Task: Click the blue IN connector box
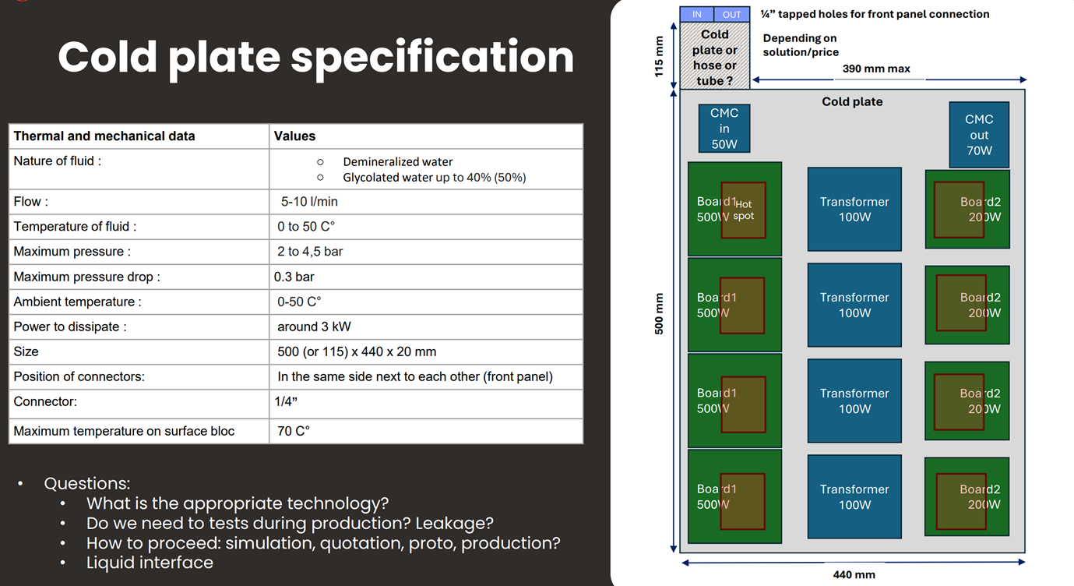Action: point(697,14)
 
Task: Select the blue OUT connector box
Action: point(732,14)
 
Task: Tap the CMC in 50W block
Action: point(724,129)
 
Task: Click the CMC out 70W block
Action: point(979,135)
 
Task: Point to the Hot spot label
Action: point(744,210)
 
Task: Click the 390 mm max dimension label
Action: point(876,69)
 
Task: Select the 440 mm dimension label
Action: point(854,575)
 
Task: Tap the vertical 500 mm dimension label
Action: point(659,314)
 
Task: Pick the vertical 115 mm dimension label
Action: point(659,57)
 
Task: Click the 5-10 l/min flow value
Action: point(309,202)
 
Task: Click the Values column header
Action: point(294,136)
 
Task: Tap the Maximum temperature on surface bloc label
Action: point(124,431)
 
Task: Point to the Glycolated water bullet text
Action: point(434,178)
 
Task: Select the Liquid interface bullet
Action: point(150,563)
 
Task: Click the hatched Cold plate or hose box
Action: point(714,57)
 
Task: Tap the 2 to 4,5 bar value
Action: point(310,252)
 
